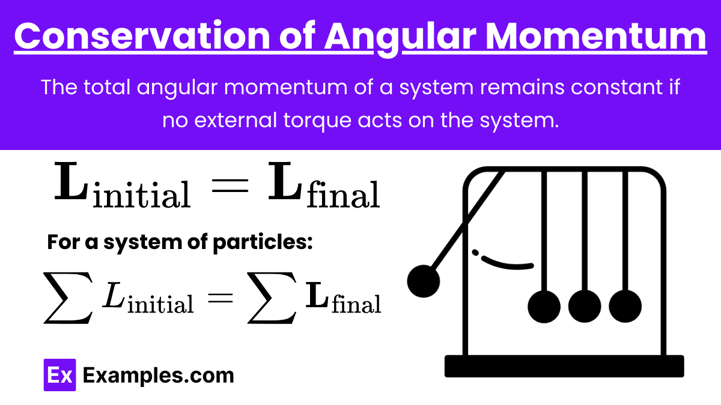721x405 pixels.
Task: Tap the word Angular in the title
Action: pos(400,38)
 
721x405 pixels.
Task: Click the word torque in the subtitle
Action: pos(317,121)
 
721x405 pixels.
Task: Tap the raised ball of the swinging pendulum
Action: pos(423,281)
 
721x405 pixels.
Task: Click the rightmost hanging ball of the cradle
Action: pos(625,307)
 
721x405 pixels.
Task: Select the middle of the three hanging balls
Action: pos(585,307)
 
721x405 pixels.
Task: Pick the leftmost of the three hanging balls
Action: pos(544,307)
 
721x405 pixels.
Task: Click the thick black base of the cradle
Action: pos(564,366)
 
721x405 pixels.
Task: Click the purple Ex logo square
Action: pos(60,375)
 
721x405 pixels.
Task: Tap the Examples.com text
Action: pos(159,375)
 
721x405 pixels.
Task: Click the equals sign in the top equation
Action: pos(230,185)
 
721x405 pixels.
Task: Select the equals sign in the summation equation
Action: pos(221,298)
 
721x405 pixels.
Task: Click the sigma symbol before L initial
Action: pos(68,298)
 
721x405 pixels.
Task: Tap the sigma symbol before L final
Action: pos(272,298)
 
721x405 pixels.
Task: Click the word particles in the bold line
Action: pos(263,242)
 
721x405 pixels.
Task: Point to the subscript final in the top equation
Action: pos(344,194)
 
